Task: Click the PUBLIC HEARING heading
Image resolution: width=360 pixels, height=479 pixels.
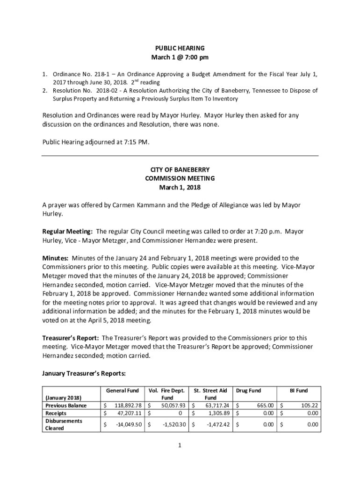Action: click(x=180, y=48)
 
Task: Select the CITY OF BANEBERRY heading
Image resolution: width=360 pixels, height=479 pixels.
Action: click(x=180, y=169)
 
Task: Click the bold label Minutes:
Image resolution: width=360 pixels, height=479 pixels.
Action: click(x=56, y=258)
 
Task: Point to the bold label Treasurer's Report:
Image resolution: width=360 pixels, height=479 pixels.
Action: click(x=71, y=338)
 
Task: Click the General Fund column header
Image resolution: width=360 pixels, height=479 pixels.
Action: click(x=122, y=391)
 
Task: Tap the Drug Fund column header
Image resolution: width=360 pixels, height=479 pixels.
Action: click(x=249, y=391)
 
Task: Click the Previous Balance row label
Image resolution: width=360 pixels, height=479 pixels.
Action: click(x=66, y=406)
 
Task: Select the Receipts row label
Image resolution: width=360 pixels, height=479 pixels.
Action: click(x=55, y=414)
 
